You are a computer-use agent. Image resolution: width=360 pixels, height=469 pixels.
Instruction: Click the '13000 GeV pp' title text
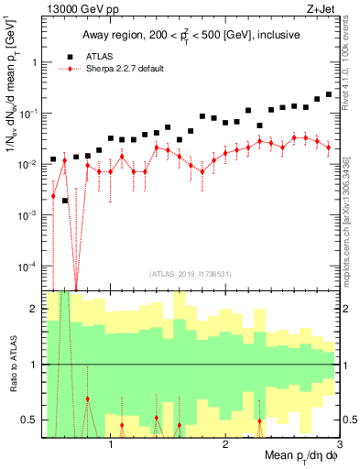click(x=76, y=10)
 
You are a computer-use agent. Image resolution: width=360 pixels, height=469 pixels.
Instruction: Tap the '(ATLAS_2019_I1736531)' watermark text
click(x=191, y=273)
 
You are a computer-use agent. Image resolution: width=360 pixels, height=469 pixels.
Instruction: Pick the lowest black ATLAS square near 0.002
click(x=65, y=200)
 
